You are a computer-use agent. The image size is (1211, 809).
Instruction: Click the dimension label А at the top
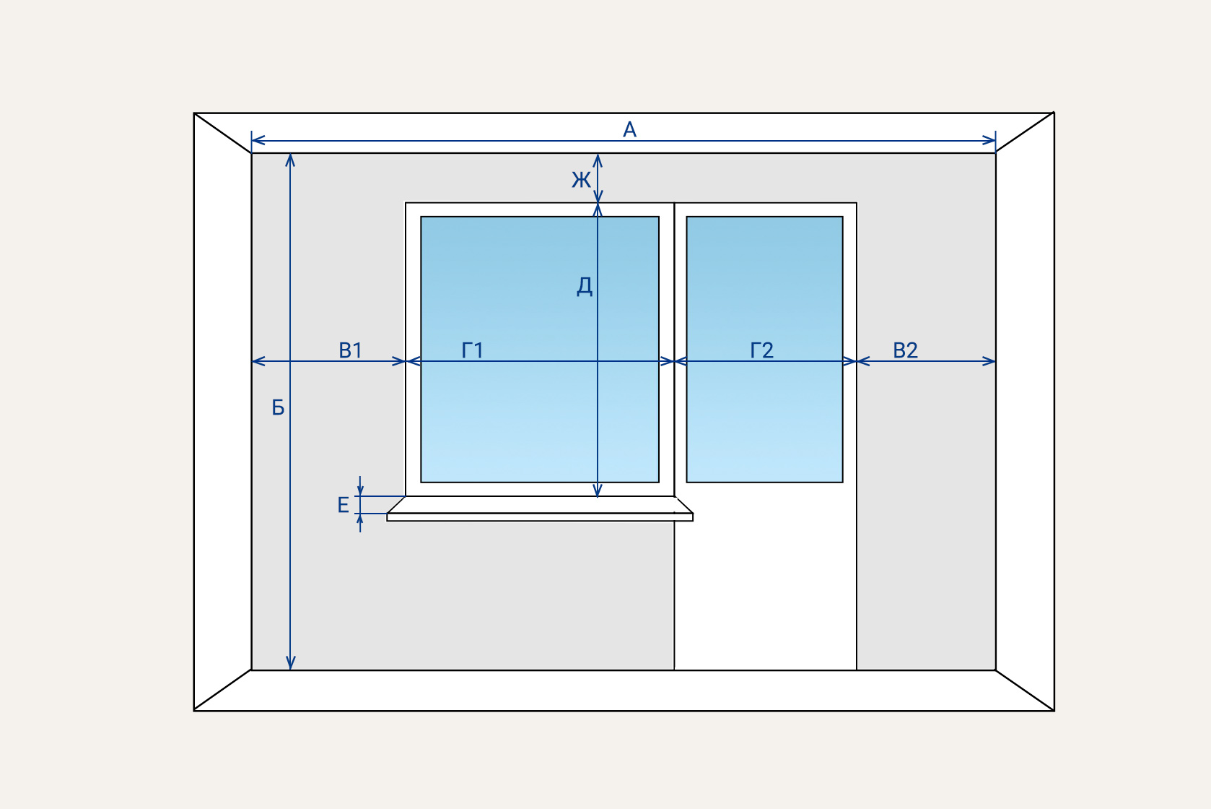point(629,130)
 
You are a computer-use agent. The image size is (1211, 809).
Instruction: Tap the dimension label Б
point(278,408)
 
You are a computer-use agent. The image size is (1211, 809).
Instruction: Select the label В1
point(350,350)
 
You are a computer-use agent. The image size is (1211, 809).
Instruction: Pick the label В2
point(905,350)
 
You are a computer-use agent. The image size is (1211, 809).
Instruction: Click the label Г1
point(472,350)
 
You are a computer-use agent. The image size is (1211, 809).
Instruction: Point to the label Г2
point(761,350)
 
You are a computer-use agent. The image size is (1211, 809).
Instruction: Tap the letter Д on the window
point(585,286)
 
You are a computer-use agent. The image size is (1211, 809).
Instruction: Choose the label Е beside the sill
point(343,505)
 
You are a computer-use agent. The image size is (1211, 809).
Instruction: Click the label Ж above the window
point(581,179)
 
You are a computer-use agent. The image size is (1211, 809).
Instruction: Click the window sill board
point(540,516)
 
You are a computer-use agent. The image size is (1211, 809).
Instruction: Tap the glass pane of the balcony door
point(764,289)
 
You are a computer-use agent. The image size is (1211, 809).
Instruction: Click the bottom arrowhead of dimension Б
point(290,665)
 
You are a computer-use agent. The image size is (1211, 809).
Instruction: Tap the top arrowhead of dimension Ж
point(598,158)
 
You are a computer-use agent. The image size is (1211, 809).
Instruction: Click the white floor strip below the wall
point(624,691)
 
